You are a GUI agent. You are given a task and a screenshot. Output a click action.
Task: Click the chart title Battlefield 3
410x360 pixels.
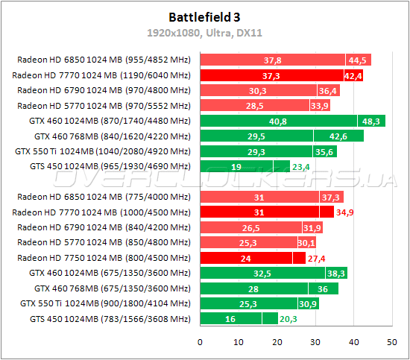click(x=204, y=16)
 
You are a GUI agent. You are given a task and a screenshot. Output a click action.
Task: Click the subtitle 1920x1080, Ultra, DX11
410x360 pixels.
click(x=204, y=34)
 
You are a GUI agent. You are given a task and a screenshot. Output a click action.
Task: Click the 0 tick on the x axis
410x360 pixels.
click(x=200, y=342)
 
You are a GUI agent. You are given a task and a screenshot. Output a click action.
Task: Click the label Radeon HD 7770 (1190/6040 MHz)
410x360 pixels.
click(x=101, y=75)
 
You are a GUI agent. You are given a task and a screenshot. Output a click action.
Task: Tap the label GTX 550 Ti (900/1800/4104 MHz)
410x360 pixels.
click(x=105, y=303)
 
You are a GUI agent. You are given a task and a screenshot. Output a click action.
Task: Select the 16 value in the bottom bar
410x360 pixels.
click(x=230, y=319)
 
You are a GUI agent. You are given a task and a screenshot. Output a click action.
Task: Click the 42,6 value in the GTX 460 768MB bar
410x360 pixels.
click(x=338, y=136)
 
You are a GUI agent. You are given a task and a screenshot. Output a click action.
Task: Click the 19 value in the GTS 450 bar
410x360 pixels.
click(x=236, y=166)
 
